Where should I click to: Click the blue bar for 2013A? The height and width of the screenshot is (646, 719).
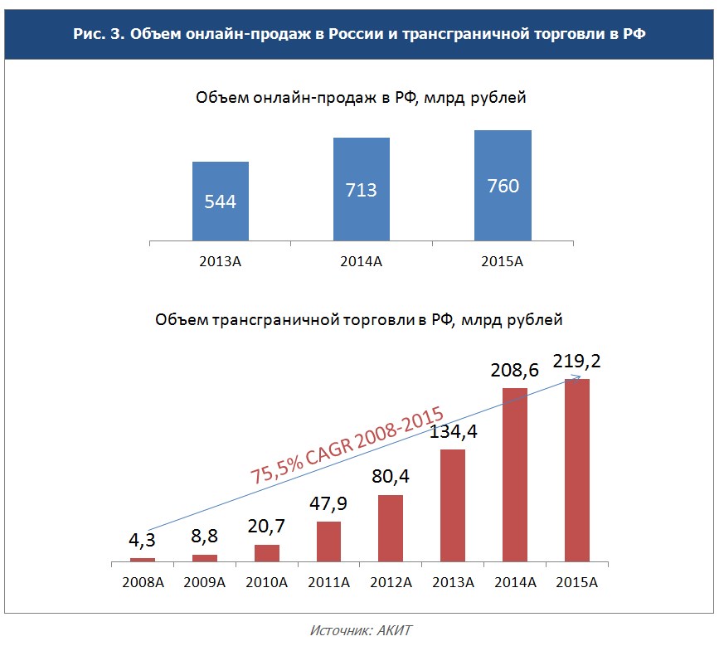221,199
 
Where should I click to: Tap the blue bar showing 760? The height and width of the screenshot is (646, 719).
503,184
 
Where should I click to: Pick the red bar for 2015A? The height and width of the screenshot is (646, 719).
577,469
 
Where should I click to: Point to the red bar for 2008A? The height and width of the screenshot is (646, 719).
143,560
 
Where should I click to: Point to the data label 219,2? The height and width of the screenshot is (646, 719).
578,362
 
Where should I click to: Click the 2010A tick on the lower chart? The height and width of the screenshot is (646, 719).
266,582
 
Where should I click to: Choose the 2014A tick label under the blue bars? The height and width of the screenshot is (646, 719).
362,262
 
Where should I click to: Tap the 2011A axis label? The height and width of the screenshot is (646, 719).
328,582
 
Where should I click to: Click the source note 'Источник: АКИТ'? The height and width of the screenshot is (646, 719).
360,630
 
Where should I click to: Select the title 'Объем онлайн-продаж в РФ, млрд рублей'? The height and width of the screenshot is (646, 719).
361,98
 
